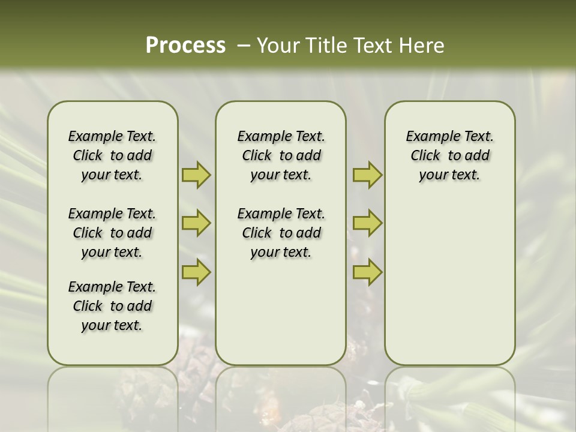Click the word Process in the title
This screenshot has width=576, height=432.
click(185, 46)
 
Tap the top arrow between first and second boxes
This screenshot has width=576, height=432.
click(196, 175)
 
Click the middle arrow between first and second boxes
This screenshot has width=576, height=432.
click(196, 223)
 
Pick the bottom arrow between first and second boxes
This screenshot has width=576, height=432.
click(196, 272)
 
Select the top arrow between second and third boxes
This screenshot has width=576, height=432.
click(367, 175)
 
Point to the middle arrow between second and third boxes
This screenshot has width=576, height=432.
click(367, 223)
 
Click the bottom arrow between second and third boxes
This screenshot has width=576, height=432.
click(367, 272)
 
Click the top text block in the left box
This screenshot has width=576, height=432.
click(112, 155)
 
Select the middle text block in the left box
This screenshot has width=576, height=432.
click(112, 233)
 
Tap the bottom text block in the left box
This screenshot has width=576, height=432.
click(112, 306)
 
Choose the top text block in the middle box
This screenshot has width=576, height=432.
click(281, 155)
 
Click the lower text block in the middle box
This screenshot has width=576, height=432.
click(281, 233)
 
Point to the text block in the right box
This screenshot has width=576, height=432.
click(450, 155)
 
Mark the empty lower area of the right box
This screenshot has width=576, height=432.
click(450, 276)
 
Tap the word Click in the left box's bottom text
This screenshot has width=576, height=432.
click(88, 306)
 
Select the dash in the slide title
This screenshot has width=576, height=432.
click(244, 46)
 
